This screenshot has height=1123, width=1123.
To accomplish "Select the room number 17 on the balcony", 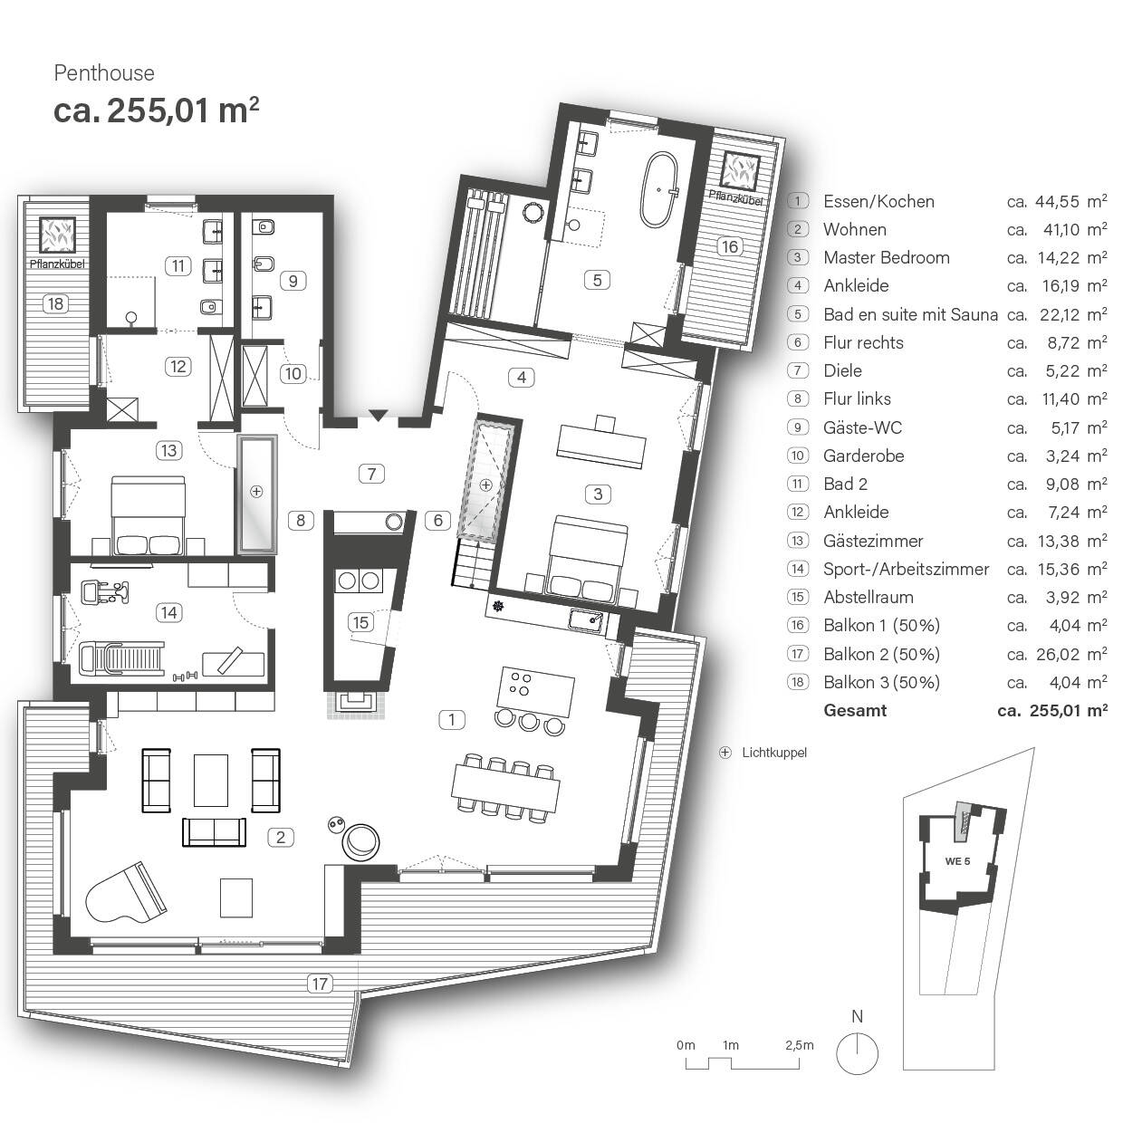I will [x=320, y=984].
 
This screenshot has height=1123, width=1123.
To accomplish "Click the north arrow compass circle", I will [x=857, y=1054].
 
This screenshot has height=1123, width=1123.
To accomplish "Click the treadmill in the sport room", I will [x=122, y=656].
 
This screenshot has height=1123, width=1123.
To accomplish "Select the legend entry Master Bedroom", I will [x=886, y=258].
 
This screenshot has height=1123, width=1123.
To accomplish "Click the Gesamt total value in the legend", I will [x=1051, y=711].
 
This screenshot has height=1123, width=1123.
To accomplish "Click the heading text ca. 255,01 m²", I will [x=157, y=110].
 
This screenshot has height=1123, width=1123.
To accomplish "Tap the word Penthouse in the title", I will [x=104, y=73].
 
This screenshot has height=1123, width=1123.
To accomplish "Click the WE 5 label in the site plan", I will [x=956, y=860].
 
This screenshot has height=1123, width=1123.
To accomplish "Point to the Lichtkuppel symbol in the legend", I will [x=725, y=753].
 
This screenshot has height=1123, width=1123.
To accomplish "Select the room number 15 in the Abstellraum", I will [x=361, y=622].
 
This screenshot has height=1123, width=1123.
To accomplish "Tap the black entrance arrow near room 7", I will [x=378, y=416].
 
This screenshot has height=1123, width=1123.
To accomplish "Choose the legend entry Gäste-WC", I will [x=862, y=427].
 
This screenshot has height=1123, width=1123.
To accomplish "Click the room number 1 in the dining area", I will [x=451, y=720].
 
